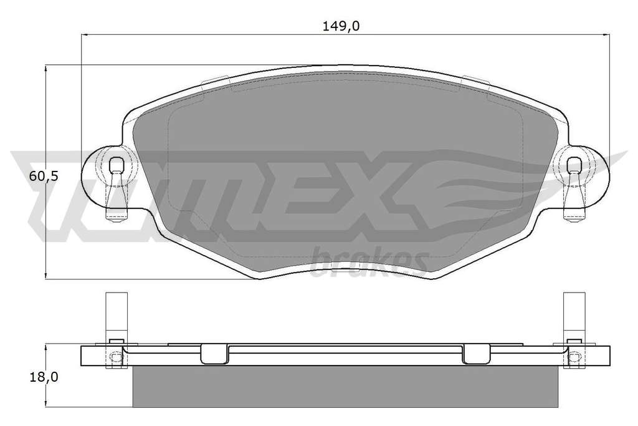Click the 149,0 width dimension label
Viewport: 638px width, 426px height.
point(341,26)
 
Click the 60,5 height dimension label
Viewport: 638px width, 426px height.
point(44,177)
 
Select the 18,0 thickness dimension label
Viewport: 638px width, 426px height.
point(44,377)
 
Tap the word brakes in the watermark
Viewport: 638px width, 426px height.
point(369,261)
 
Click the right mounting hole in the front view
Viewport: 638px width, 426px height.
point(574,164)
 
